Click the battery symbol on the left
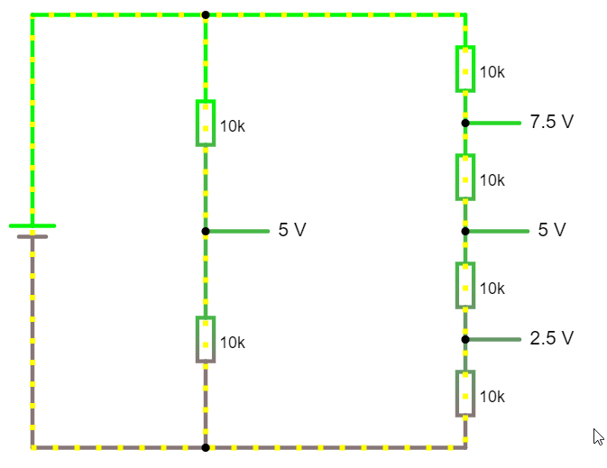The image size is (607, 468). pos(32,231)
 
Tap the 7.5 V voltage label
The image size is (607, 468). pos(552,122)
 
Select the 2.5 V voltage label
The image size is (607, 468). pos(552,339)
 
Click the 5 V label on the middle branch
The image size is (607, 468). pos(292,231)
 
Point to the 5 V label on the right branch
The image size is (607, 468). pos(552,230)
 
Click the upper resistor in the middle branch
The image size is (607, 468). pos(206,124)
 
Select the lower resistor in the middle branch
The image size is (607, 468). pos(206,340)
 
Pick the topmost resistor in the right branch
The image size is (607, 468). pos(465,69)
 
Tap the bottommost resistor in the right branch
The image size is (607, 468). pos(465,394)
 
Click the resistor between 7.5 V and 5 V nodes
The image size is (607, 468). pos(465,178)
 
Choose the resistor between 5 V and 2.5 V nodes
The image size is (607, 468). pos(465,286)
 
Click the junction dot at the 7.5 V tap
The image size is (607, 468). pos(465,123)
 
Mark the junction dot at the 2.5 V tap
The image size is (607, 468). pos(465,339)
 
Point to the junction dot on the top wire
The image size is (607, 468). pos(206,14)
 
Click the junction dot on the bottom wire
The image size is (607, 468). pos(206,447)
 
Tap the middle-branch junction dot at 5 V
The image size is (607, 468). pos(206,231)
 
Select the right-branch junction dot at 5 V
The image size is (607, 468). pos(465,231)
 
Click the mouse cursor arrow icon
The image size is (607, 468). pos(598,436)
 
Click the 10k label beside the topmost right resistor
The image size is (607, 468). pos(492,72)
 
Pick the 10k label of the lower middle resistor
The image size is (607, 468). pos(233,343)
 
